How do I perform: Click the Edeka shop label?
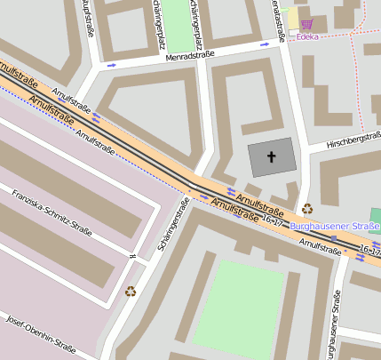tap(307, 36)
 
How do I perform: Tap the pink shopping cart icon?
tap(307, 24)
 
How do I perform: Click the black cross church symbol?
tap(271, 157)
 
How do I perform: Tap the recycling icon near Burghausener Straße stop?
tap(307, 210)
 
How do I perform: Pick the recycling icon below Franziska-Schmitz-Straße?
tap(131, 290)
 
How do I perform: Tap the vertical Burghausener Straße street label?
tap(332, 324)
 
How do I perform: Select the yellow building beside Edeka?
tap(292, 19)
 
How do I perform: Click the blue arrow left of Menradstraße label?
tap(112, 64)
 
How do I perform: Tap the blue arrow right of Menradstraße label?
tap(264, 43)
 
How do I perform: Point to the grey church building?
tap(271, 158)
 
